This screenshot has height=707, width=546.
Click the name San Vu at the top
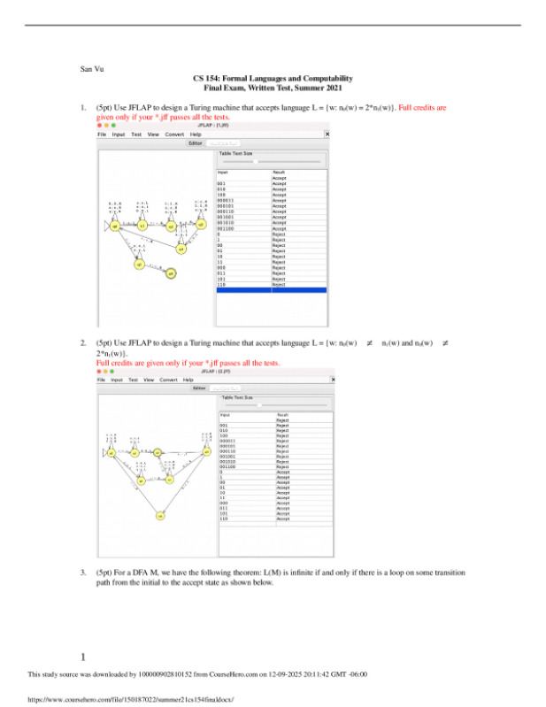(91, 68)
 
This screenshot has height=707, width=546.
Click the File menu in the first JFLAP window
(102, 134)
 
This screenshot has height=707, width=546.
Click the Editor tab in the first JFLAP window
(196, 142)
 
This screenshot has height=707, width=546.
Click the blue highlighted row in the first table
(272, 290)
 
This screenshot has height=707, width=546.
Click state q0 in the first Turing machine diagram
(114, 226)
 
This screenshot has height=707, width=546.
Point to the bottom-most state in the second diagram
(160, 515)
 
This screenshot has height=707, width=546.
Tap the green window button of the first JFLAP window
(120, 126)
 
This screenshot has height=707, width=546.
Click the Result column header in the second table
(283, 414)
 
